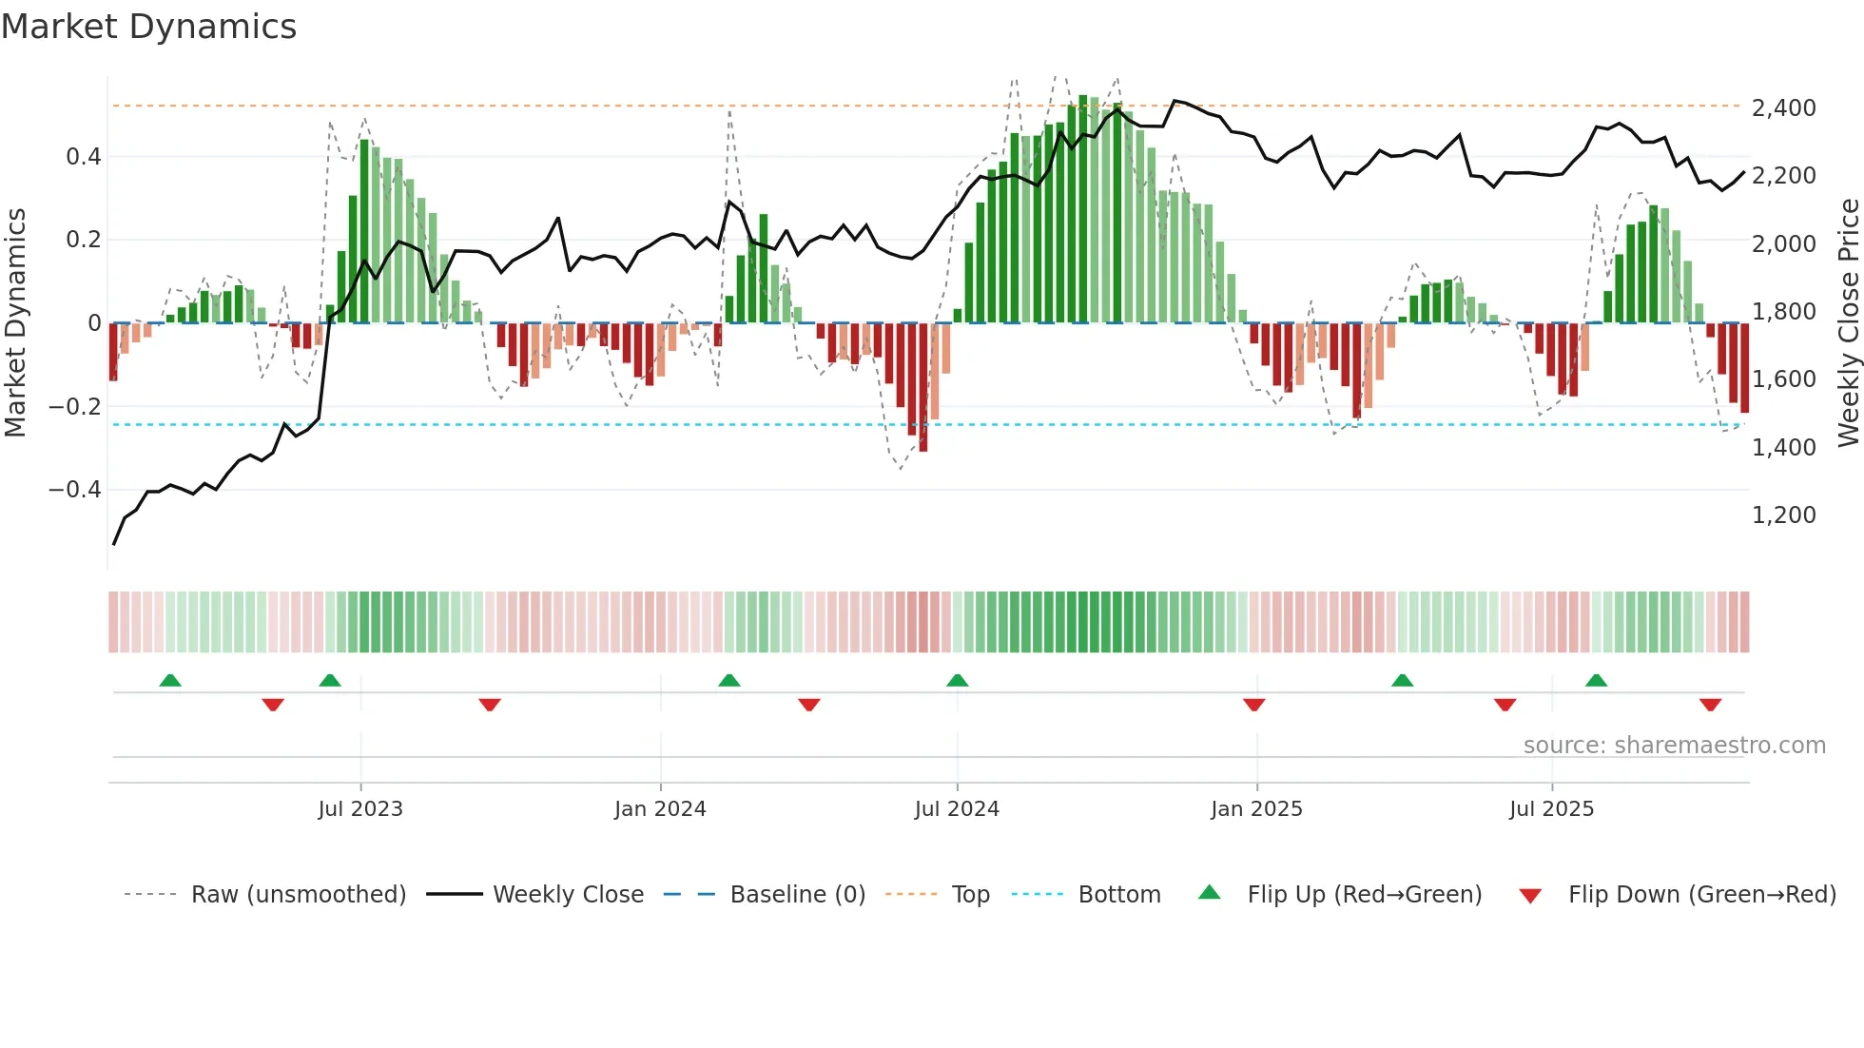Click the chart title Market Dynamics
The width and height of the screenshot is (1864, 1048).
148,27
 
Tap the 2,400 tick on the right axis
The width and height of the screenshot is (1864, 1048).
1783,108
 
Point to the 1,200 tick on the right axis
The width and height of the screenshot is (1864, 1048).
1783,515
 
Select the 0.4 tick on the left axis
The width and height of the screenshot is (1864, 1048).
84,157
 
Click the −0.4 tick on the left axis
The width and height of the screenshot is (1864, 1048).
75,490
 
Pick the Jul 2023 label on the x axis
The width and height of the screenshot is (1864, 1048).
360,809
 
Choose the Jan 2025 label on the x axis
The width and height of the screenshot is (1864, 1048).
1256,809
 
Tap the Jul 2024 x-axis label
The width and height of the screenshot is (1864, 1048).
957,809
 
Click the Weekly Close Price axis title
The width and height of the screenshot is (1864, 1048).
1848,323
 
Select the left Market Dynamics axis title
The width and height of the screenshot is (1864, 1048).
15,323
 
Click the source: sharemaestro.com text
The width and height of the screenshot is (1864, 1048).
1674,746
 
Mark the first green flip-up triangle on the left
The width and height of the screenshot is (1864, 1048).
170,680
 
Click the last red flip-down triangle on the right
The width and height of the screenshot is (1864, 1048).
1710,705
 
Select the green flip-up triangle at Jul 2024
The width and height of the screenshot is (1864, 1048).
958,680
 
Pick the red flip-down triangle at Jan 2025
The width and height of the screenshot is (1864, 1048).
1253,705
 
